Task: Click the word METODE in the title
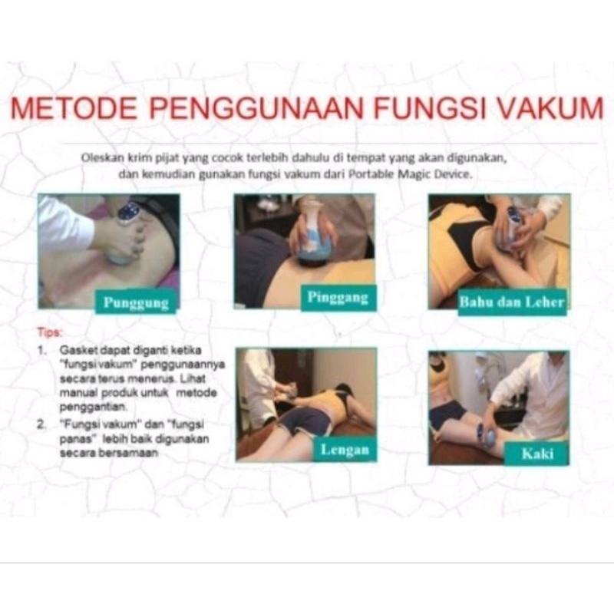pyautogui.click(x=74, y=108)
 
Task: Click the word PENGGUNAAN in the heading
pyautogui.click(x=256, y=108)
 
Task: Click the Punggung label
pyautogui.click(x=136, y=302)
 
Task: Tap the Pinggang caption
pyautogui.click(x=338, y=298)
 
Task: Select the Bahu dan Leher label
pyautogui.click(x=512, y=302)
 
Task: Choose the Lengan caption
pyautogui.click(x=344, y=449)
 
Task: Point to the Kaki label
pyautogui.click(x=536, y=454)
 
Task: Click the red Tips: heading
pyautogui.click(x=50, y=332)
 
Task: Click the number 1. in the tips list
pyautogui.click(x=42, y=350)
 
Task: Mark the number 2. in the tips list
pyautogui.click(x=41, y=424)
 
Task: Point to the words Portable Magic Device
pyautogui.click(x=410, y=174)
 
